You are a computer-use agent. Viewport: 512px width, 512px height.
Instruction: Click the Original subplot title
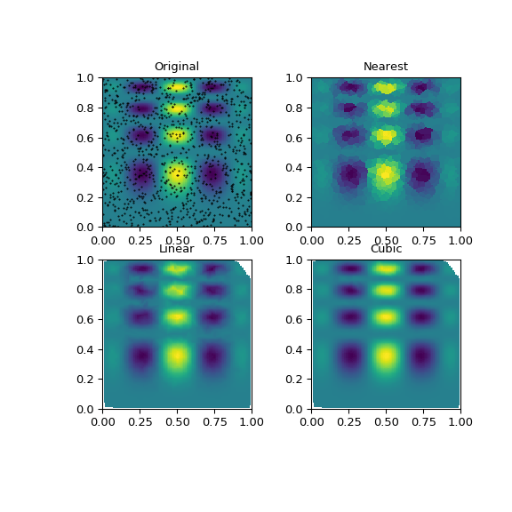[x=176, y=67]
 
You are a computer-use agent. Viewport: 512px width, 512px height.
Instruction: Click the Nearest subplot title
[x=386, y=67]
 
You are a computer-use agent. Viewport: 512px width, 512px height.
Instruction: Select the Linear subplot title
[x=176, y=249]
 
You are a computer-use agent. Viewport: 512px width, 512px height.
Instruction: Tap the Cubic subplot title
[x=386, y=249]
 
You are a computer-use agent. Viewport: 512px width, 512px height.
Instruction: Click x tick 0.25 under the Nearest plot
[x=348, y=240]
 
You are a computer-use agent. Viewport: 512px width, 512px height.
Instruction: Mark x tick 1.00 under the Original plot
[x=252, y=240]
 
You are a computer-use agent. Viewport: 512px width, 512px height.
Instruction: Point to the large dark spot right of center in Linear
[x=212, y=357]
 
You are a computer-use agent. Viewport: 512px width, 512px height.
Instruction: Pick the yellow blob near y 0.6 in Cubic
[x=386, y=316]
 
